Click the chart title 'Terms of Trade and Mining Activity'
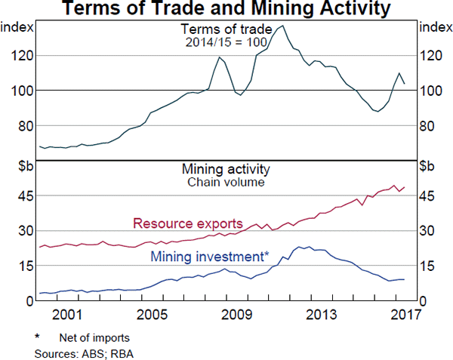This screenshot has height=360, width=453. click(x=226, y=10)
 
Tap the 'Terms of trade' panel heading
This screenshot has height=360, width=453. click(x=226, y=29)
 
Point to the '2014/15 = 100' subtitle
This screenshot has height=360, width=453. click(x=226, y=42)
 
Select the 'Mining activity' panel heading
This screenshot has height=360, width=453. click(x=226, y=169)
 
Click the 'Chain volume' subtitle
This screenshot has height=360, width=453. click(x=226, y=182)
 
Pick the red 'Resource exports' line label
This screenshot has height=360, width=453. click(x=187, y=223)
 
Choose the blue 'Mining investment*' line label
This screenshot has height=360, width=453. click(x=210, y=257)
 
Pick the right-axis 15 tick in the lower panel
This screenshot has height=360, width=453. click(x=427, y=266)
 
